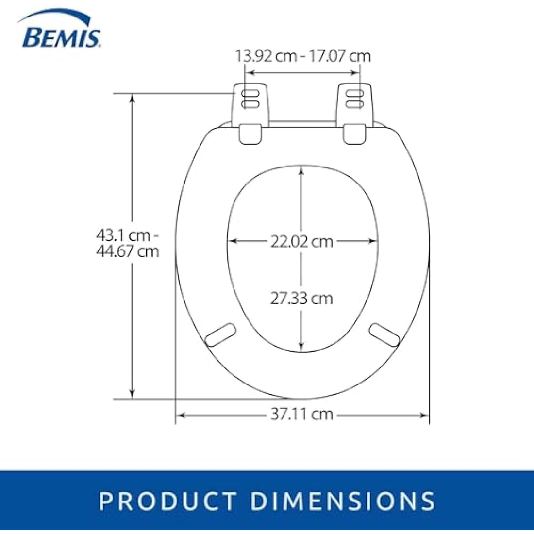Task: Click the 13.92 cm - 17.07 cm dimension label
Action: click(x=303, y=56)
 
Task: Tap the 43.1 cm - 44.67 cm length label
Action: click(x=127, y=243)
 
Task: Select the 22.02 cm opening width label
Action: click(x=302, y=241)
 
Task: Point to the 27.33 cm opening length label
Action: click(x=302, y=298)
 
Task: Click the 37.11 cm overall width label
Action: click(x=302, y=414)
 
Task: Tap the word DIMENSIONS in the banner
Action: click(x=344, y=501)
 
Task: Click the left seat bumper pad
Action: click(x=220, y=335)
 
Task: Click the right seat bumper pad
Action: click(x=384, y=335)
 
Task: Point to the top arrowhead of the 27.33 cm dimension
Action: click(x=302, y=170)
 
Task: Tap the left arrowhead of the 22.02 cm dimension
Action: click(x=233, y=241)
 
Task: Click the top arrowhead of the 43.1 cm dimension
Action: click(x=132, y=98)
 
